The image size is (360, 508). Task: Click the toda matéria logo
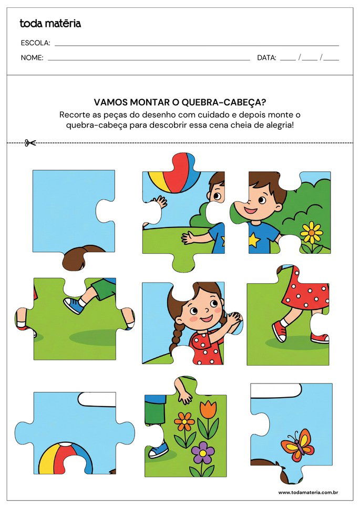point(50,23)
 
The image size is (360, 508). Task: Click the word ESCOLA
point(35,43)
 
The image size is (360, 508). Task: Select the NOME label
point(32,58)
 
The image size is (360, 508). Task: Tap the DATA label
point(266,58)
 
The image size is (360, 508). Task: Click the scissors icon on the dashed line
point(30,142)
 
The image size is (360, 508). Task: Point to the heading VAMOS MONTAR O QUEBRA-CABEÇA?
point(180,103)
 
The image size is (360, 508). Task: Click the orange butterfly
point(298,444)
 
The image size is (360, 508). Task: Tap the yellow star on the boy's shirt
point(254,241)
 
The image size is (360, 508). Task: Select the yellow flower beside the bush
point(312,232)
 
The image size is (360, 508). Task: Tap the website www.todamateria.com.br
point(307,492)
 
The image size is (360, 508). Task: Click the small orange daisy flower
point(184,421)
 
